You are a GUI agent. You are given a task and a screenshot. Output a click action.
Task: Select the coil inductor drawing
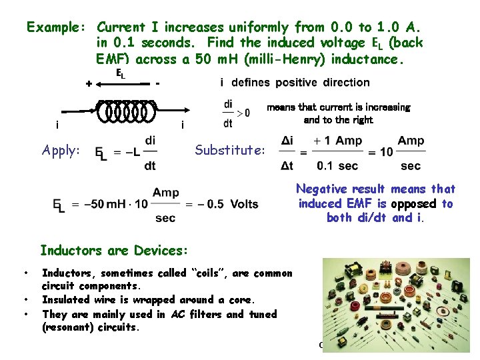pyautogui.click(x=127, y=111)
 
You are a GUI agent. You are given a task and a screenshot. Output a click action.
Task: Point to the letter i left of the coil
pyautogui.click(x=57, y=125)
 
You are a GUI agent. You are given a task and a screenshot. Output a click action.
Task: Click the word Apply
pyautogui.click(x=61, y=150)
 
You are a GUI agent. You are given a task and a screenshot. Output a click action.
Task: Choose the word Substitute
pyautogui.click(x=229, y=150)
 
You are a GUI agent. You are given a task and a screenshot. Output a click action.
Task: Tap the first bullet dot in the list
pyautogui.click(x=25, y=273)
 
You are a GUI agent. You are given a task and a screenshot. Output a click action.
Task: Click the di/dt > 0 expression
pyautogui.click(x=236, y=113)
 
